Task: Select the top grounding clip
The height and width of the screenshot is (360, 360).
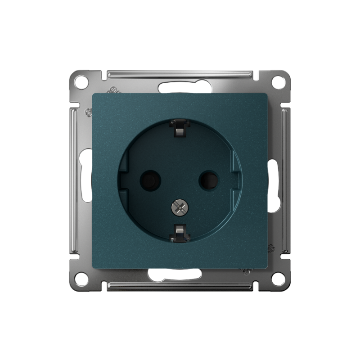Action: [179, 128]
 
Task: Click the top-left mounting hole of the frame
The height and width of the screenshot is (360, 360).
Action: [81, 82]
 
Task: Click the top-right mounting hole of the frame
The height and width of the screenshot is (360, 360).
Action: [279, 82]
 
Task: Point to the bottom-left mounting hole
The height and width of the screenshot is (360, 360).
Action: [81, 279]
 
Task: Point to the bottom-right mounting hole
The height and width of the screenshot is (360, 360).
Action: [279, 279]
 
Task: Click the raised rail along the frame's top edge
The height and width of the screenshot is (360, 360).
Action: [180, 73]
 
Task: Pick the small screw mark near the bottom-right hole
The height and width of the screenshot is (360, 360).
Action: [271, 248]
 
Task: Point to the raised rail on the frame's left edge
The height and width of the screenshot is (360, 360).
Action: [74, 180]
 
